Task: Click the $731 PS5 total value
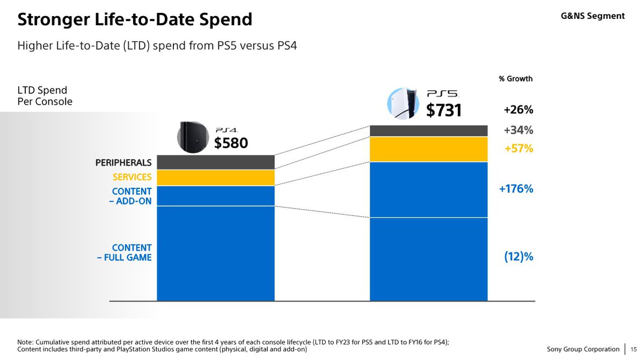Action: [443, 110]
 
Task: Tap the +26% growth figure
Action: [518, 110]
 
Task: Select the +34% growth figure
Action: [518, 130]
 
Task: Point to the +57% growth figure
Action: [518, 149]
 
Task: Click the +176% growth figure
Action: [515, 189]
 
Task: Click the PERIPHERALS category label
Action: [123, 162]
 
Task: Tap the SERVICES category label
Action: [131, 177]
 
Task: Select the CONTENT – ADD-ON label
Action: [131, 196]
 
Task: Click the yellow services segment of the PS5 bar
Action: [429, 149]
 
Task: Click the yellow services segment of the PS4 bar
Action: [215, 178]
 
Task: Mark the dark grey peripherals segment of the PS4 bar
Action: [215, 162]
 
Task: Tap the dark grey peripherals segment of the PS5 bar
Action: [429, 130]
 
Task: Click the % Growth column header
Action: [515, 79]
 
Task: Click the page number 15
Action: [634, 349]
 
